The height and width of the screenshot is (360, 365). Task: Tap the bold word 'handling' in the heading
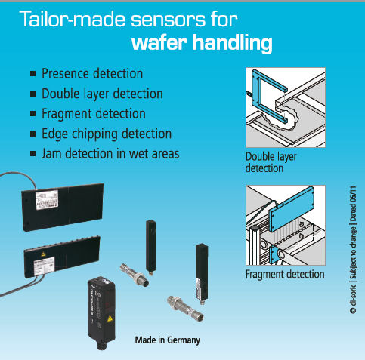(233, 44)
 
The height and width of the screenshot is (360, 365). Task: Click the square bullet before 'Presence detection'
(32, 75)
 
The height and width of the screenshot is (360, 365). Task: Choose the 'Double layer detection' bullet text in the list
(102, 94)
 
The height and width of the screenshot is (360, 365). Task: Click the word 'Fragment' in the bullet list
(68, 114)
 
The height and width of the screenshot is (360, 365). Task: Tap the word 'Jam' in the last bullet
(54, 154)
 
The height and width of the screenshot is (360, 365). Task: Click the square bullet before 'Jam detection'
(32, 154)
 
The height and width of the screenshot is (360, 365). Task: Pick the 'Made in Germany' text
(167, 340)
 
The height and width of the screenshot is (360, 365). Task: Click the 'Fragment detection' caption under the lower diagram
(285, 274)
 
